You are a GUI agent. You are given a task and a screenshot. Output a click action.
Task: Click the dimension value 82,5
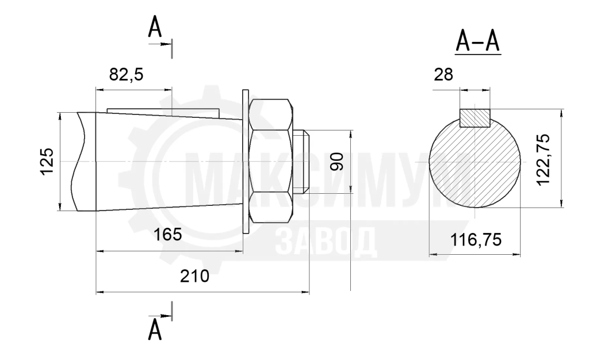[126, 75]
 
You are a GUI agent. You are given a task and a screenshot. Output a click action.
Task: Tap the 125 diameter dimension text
[47, 162]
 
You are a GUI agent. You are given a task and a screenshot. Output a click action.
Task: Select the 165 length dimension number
[167, 235]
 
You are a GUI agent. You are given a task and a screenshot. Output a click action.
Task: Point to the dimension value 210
[194, 276]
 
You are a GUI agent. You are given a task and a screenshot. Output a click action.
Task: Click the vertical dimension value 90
[337, 162]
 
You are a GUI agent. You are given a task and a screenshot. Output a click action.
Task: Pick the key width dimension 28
[443, 75]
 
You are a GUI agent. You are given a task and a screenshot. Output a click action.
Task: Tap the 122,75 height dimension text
[543, 159]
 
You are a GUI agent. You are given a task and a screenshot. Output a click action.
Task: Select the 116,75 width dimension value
[476, 239]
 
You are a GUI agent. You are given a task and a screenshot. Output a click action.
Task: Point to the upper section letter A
[155, 27]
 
